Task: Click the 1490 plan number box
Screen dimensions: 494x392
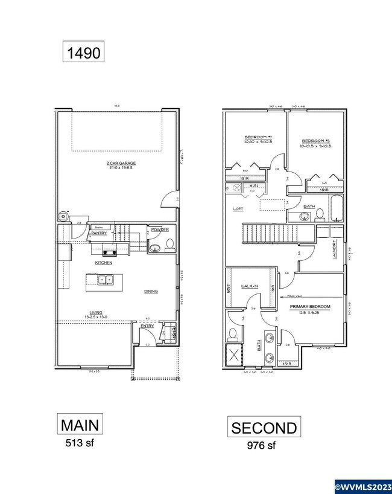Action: (84, 51)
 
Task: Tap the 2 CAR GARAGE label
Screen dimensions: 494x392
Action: (118, 163)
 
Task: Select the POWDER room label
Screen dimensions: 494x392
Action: (160, 230)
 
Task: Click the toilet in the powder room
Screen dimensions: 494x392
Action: (169, 244)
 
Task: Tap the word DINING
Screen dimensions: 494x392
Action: (151, 292)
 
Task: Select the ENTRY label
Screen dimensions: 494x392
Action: (147, 327)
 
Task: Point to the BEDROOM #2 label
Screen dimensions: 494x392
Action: (258, 136)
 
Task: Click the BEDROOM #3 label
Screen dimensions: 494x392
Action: (315, 140)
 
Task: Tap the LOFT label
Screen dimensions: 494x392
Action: (238, 210)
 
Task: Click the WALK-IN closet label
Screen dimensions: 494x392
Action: (250, 286)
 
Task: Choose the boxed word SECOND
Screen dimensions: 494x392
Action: (264, 428)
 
